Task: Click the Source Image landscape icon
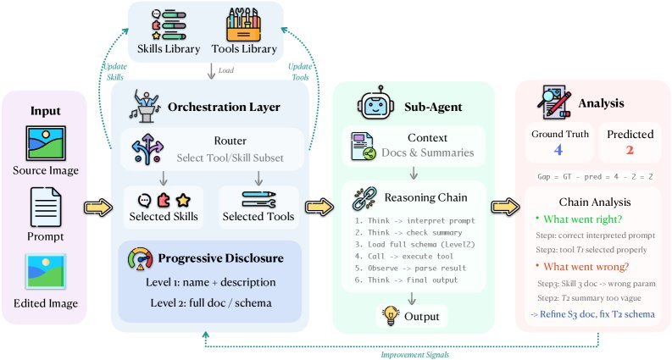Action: pyautogui.click(x=46, y=143)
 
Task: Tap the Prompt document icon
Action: pyautogui.click(x=46, y=208)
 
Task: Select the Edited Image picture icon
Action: pyautogui.click(x=46, y=272)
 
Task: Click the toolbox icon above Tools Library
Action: pyautogui.click(x=243, y=25)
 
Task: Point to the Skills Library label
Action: pyautogui.click(x=169, y=49)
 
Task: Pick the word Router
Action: pyautogui.click(x=230, y=141)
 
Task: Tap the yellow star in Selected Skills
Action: pyautogui.click(x=183, y=200)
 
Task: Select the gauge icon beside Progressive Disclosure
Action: pyautogui.click(x=141, y=259)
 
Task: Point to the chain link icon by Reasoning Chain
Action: pyautogui.click(x=364, y=198)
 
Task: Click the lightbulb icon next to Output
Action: pyautogui.click(x=391, y=316)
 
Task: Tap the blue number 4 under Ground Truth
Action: pyautogui.click(x=558, y=150)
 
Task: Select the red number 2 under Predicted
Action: pyautogui.click(x=629, y=150)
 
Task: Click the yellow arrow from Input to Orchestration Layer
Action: pyautogui.click(x=98, y=208)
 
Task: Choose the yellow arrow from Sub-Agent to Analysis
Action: pyautogui.click(x=506, y=207)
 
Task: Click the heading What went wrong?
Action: pyautogui.click(x=586, y=267)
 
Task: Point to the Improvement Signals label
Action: pyautogui.click(x=415, y=355)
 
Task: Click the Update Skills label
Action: pyautogui.click(x=115, y=71)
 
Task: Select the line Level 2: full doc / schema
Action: pyautogui.click(x=211, y=303)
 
